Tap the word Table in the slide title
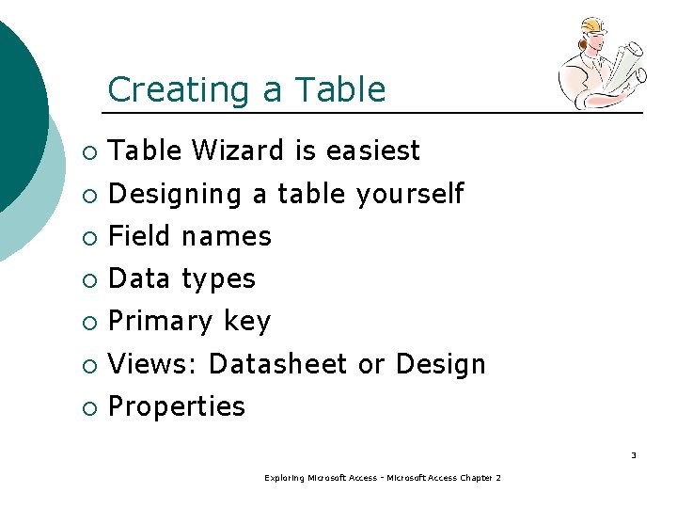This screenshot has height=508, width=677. coord(339,90)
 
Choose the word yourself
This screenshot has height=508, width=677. coord(410,194)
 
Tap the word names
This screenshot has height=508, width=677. coord(227,236)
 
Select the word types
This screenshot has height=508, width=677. coord(218,279)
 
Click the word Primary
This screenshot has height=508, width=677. coord(162,322)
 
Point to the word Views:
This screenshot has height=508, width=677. coord(153,364)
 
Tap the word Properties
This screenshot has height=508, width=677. coord(177,407)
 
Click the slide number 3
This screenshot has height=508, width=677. coord(633,455)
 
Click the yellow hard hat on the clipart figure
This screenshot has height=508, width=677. coord(594,26)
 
